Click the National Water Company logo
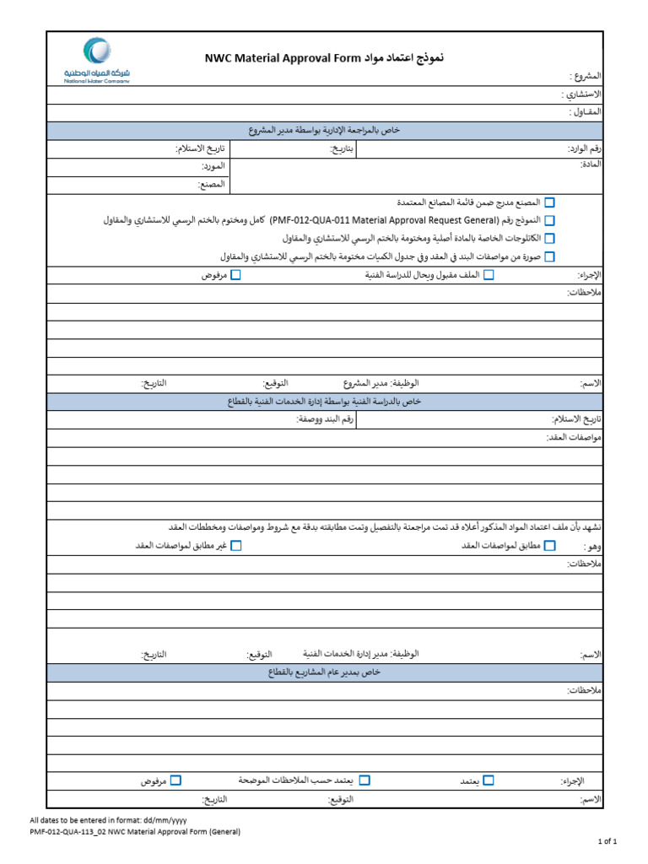tap(97, 59)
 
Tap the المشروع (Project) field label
tap(586, 76)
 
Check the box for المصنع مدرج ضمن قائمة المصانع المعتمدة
tap(550, 202)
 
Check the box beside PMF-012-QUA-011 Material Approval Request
tap(550, 220)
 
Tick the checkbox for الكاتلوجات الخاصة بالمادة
tap(550, 238)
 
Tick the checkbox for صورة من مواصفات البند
tap(550, 256)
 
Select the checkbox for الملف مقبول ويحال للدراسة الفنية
tap(489, 275)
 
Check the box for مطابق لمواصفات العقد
tap(550, 546)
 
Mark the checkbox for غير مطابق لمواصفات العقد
tap(236, 546)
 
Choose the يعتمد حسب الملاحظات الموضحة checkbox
tap(364, 781)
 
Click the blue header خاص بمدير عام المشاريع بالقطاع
tap(325, 672)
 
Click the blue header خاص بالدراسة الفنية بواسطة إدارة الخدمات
tap(325, 401)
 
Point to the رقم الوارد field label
tap(584, 148)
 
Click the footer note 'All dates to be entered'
tap(109, 820)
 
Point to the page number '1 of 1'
tap(608, 841)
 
